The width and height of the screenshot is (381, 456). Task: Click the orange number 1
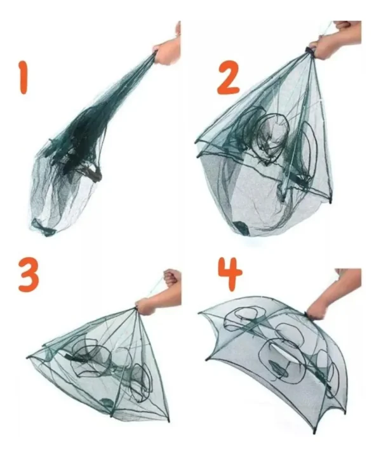click(x=23, y=77)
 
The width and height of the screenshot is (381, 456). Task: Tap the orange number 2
click(x=229, y=77)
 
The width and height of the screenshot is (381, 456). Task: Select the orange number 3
click(x=28, y=274)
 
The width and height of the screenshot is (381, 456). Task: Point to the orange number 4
click(x=229, y=274)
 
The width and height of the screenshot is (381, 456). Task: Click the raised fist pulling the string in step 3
click(x=172, y=277)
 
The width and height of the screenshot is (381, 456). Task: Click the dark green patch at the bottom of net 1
click(x=44, y=227)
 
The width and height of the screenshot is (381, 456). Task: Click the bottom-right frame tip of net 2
click(x=330, y=201)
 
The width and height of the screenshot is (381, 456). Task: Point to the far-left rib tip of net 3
click(x=28, y=356)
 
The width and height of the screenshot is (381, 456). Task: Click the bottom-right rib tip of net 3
click(x=168, y=420)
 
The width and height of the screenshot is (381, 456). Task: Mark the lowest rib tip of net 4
click(x=314, y=432)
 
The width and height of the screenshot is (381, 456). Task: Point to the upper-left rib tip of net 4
click(x=200, y=312)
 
